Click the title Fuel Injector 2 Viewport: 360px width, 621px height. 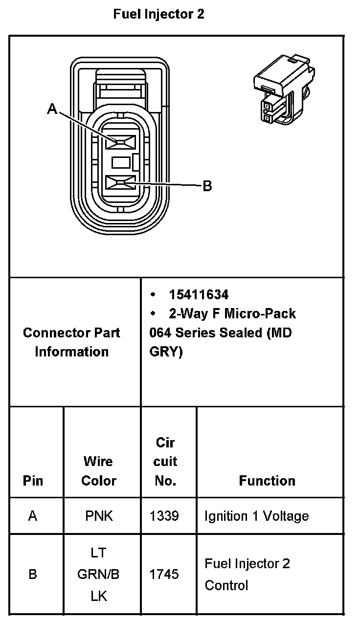point(158,14)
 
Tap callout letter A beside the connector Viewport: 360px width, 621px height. point(52,110)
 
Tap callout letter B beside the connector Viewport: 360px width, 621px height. point(207,186)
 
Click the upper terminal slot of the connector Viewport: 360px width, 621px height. point(121,142)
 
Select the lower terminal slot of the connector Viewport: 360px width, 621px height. point(121,183)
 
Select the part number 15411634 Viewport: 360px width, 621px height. point(199,294)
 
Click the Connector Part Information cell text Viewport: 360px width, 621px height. point(71,342)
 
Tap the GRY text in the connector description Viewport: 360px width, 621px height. point(166,352)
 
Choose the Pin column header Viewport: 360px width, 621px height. point(33,481)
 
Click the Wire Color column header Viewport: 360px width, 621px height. point(99,471)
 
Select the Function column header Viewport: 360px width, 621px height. point(267,481)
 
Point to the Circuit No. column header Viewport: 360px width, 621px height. point(165,462)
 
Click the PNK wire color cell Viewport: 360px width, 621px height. point(99,516)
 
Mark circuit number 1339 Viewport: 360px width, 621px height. point(164,516)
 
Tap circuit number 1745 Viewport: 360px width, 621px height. point(164,574)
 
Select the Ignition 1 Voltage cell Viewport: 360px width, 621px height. point(256,516)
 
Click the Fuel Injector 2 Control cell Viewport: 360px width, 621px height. point(247,574)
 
